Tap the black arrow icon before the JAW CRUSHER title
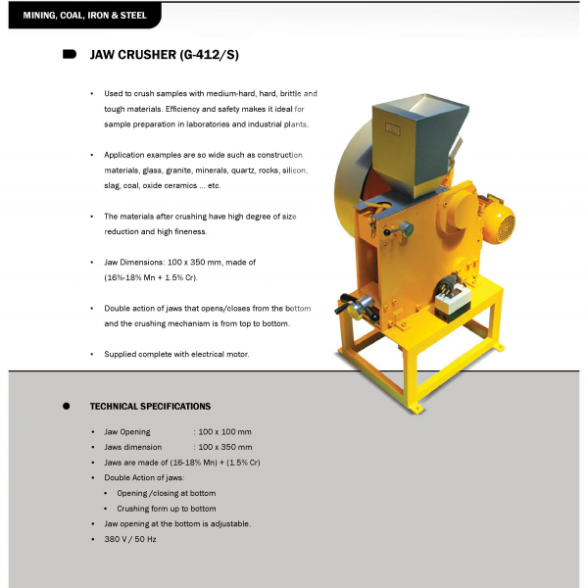(70, 55)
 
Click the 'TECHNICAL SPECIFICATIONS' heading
(150, 406)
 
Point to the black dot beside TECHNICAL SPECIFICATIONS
(67, 406)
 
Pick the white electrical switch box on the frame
(453, 296)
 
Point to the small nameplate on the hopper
(393, 129)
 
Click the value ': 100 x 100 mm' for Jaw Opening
(222, 432)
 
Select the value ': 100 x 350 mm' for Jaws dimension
(222, 447)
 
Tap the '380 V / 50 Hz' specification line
(130, 539)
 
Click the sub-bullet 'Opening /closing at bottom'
(166, 493)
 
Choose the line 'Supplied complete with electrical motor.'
(176, 354)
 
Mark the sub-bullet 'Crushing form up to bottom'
(166, 509)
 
